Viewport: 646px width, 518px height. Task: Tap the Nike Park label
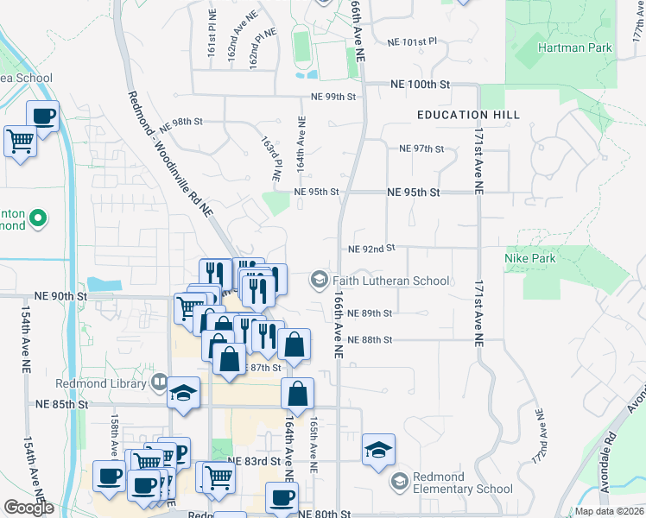[531, 257]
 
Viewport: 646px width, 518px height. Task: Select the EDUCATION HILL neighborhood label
[467, 115]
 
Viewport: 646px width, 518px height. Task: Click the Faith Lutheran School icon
[319, 280]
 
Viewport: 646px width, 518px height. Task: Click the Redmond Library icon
[159, 381]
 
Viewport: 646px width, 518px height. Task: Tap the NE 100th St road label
[421, 85]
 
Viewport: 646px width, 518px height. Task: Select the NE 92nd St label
[371, 249]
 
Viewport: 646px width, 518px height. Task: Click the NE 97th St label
[421, 148]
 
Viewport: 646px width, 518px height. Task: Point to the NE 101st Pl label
[413, 41]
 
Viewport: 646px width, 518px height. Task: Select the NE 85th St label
[63, 403]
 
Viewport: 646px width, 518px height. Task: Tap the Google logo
[28, 508]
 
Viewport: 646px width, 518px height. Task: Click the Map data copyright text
[609, 511]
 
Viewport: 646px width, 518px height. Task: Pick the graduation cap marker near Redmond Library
[183, 394]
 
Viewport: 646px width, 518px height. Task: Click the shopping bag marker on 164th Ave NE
[297, 395]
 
